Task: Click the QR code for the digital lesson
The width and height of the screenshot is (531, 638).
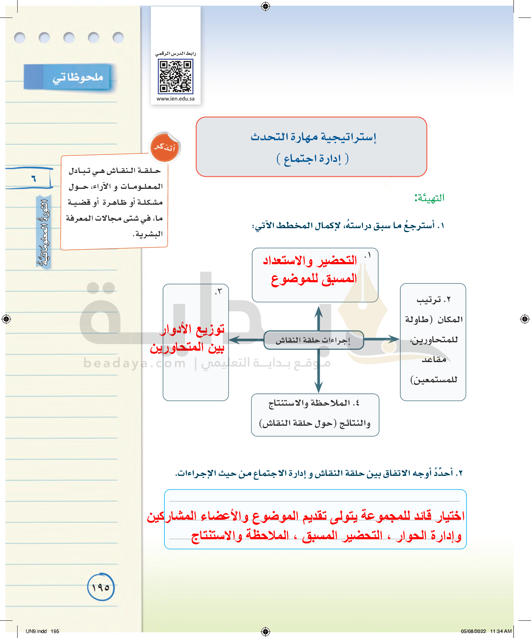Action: (175, 77)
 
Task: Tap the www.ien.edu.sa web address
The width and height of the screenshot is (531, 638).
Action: (175, 99)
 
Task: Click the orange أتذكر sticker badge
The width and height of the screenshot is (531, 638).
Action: (165, 148)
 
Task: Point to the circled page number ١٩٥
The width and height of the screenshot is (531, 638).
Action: (101, 587)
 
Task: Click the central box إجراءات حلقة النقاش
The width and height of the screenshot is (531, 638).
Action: (313, 340)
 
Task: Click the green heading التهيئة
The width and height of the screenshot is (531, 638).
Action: (430, 198)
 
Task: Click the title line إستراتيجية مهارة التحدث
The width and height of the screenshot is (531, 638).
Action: (313, 137)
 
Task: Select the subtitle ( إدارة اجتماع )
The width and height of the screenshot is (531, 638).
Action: (313, 159)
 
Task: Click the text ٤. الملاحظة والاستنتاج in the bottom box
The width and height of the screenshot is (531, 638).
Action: (314, 403)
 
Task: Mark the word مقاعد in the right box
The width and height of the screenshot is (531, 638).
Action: (434, 360)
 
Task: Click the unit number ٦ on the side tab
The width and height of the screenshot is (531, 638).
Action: (34, 178)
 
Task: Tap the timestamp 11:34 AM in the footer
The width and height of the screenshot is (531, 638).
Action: (501, 631)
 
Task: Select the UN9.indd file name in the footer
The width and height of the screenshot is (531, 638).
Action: (36, 631)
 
